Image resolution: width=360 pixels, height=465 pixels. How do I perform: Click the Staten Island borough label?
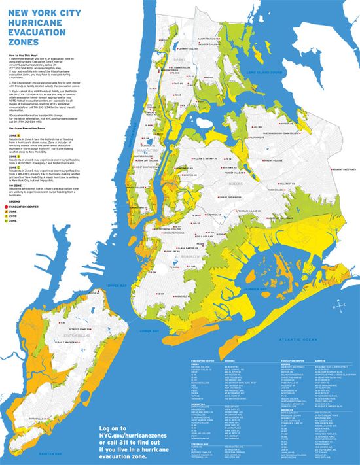click(54, 335)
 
